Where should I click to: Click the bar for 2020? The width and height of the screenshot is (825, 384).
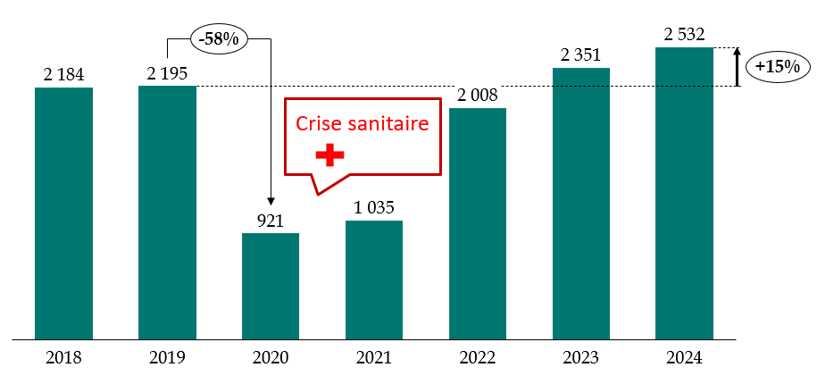pos(270,286)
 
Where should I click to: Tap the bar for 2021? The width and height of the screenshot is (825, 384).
pos(373,280)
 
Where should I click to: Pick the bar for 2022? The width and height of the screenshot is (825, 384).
pos(477,223)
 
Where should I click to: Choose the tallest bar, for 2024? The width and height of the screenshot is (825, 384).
pos(684,193)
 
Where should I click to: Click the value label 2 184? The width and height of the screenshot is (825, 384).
pos(63,75)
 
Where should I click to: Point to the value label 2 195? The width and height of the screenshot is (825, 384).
pos(167,73)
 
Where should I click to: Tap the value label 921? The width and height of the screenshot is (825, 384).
pos(270,221)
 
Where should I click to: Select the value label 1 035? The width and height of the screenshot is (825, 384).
pos(373,208)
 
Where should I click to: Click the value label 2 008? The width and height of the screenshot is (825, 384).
pos(477,96)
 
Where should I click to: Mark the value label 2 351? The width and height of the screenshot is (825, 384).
pos(581,55)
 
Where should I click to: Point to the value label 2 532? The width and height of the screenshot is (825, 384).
pos(684,36)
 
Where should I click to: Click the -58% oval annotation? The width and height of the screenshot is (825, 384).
pos(219,40)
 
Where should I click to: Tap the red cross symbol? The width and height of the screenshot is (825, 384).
pos(329,155)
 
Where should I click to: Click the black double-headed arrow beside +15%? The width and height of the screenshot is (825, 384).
pos(738,67)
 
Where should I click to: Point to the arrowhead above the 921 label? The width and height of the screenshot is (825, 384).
pos(270,203)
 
